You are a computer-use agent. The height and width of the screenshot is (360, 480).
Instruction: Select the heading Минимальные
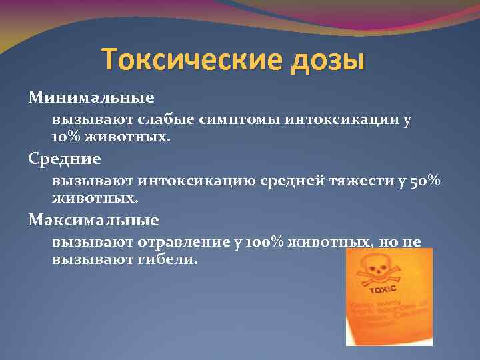[x=91, y=98]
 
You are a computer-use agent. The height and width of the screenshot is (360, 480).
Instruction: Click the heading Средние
[x=65, y=159]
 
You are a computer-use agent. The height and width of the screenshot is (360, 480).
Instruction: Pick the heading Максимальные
[x=93, y=219]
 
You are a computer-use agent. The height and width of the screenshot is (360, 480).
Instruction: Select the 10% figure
[x=66, y=137]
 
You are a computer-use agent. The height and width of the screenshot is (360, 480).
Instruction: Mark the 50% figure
[x=425, y=181]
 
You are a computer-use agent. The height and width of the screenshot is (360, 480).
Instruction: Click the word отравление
[x=188, y=242]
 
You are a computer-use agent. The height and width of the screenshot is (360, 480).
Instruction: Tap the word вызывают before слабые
[x=93, y=120]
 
